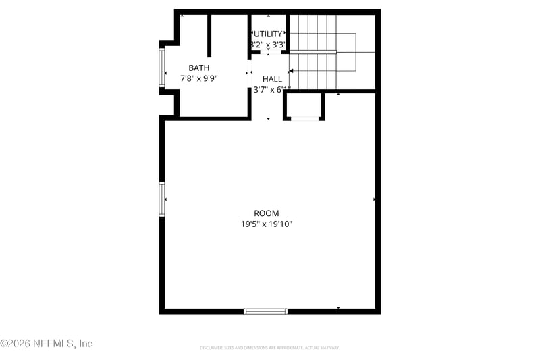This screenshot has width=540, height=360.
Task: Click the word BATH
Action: pos(198,68)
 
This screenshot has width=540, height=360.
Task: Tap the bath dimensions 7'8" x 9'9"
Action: pos(198,78)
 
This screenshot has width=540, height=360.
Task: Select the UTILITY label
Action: pos(268,34)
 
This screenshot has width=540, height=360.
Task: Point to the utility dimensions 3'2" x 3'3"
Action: pos(268,45)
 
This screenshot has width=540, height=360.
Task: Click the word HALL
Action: pos(272,79)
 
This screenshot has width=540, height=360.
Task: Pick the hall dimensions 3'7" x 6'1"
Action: pos(272,90)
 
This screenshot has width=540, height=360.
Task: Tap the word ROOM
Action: pos(266,213)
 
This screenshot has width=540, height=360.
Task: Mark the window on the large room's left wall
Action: pos(162,199)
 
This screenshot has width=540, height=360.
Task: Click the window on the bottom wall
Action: pos(265,311)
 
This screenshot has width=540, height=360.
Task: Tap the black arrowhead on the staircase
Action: pos(291,70)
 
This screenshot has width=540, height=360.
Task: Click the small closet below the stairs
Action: pos(304,105)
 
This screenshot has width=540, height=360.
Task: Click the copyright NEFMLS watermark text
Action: pos(46,344)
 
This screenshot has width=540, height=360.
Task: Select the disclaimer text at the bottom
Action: pos(269,348)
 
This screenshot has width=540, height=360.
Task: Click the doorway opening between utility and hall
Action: pos(268,52)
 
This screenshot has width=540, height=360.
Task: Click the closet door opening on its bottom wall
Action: pos(304,119)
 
